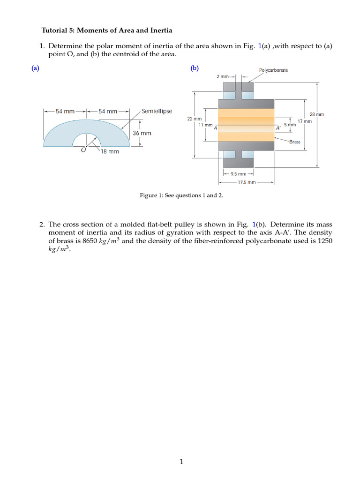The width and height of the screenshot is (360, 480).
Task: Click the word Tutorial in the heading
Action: coord(56,30)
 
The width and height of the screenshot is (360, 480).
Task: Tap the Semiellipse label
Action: coord(157,111)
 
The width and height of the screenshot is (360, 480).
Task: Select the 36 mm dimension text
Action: coord(142,133)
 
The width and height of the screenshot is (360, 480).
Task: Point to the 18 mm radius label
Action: coord(110,152)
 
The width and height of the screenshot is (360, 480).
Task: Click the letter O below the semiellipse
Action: coord(83,150)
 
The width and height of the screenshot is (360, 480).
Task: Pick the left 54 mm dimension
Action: coord(65,112)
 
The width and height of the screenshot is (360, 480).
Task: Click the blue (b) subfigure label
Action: coord(195,68)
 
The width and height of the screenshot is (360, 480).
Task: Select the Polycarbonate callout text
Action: coord(273,70)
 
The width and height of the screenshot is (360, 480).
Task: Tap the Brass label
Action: coord(295,142)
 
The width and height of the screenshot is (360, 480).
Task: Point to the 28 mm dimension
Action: coord(317,114)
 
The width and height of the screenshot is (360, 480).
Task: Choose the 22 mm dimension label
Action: coord(195,119)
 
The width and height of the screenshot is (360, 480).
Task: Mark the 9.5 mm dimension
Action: coord(238,174)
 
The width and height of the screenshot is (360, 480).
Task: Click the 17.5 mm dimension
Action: coord(247,182)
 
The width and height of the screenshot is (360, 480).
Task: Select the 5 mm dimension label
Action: coord(290,125)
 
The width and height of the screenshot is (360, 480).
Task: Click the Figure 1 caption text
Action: coord(181,195)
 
